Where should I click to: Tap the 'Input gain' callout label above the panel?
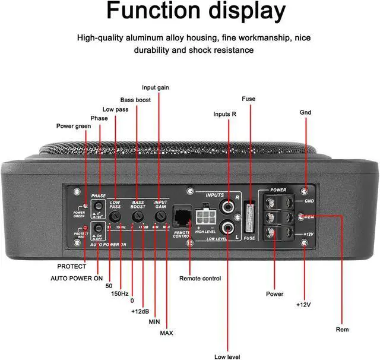tap(156, 87)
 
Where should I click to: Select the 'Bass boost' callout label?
tap(135, 99)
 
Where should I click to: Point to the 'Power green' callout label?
tap(74, 126)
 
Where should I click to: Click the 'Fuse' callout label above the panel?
tap(249, 99)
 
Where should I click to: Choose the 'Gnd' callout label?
tap(306, 112)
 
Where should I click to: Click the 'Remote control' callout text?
tap(200, 278)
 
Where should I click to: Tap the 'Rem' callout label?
tap(343, 329)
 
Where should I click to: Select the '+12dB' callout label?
tap(140, 311)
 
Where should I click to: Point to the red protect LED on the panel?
tap(85, 228)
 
